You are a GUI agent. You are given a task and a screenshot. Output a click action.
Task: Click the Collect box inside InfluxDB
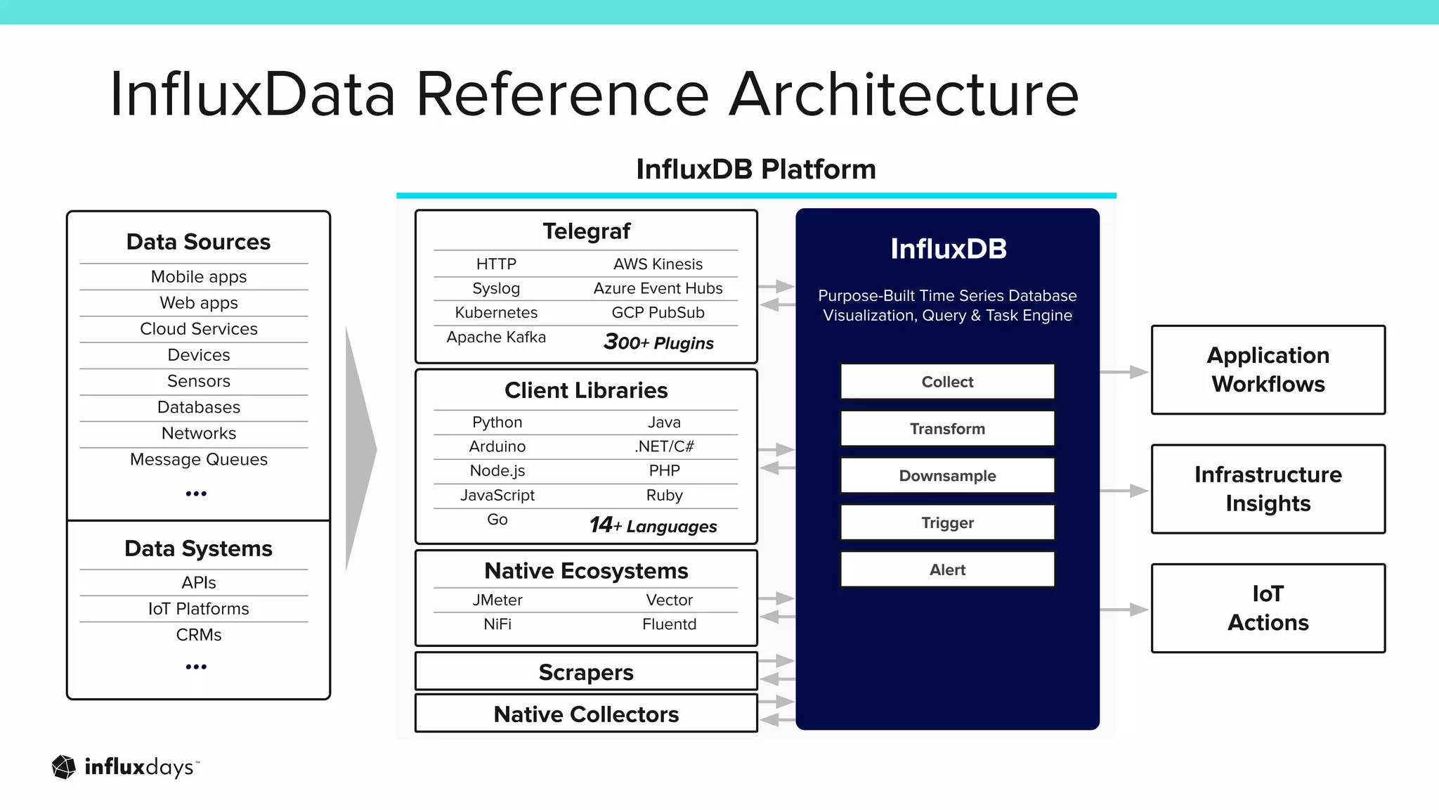coord(947,382)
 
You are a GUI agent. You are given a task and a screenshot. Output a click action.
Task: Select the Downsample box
coord(947,476)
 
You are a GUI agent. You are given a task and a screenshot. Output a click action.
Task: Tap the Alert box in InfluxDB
coord(947,570)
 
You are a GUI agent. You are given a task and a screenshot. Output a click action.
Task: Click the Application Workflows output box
coord(1268,370)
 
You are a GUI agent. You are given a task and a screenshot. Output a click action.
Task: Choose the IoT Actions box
coord(1268,608)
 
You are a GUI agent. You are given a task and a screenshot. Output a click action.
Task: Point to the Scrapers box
coord(586,672)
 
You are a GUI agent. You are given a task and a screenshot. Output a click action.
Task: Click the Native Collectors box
coord(586,714)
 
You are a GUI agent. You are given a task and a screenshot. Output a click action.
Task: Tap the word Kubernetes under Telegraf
coord(496,312)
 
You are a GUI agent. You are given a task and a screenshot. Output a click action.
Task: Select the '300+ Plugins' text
coord(658,342)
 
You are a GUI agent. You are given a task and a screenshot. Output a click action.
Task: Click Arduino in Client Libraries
coord(497,446)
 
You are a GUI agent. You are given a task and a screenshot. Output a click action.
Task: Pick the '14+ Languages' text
coord(653,526)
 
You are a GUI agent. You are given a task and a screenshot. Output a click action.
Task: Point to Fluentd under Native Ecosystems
coord(669,624)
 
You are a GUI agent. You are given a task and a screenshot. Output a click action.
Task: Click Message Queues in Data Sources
coord(199,459)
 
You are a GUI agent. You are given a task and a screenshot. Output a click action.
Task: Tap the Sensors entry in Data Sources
coord(199,381)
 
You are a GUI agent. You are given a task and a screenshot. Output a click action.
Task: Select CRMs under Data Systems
coord(199,635)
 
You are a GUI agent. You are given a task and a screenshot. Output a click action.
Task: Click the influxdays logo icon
coord(64,767)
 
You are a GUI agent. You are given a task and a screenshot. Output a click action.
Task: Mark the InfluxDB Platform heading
coord(756,169)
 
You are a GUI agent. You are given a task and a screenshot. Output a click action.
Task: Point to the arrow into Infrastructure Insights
coord(1124,490)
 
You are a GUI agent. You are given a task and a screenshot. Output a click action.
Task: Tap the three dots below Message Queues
coord(196,494)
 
